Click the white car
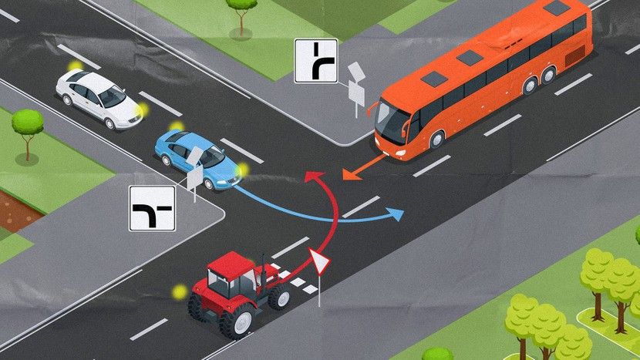99,98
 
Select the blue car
197,158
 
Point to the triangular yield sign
319,263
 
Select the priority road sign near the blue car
152,208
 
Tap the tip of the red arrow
309,176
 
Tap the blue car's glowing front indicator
244,170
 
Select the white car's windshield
113,96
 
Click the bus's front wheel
437,139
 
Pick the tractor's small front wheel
279,297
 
